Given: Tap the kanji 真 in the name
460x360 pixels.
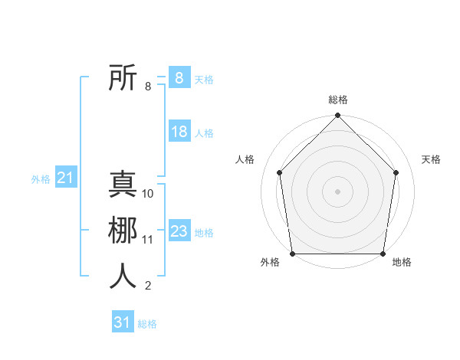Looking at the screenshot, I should [x=123, y=185].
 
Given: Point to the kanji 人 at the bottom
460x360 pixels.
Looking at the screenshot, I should [x=123, y=277].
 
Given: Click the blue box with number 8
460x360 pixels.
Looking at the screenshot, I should [x=179, y=78].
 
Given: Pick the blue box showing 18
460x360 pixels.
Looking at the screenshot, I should [x=179, y=132].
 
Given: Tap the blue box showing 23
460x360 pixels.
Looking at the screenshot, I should [x=179, y=231].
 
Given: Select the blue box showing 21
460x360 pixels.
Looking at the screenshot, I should [x=65, y=178].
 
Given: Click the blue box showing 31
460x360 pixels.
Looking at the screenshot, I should [x=122, y=322].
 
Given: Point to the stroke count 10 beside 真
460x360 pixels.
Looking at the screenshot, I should [x=148, y=194].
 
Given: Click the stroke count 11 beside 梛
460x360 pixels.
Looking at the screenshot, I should [x=148, y=240].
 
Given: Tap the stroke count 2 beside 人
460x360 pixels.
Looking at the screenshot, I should [x=148, y=286].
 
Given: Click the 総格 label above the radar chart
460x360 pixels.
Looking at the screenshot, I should [x=338, y=100].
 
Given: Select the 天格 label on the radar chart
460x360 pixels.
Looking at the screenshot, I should [x=432, y=159].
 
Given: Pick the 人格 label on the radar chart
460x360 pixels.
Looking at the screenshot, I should [x=245, y=159].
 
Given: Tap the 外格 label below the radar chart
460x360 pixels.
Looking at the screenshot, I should [x=270, y=262].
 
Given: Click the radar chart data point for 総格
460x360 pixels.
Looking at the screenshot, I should [x=337, y=116].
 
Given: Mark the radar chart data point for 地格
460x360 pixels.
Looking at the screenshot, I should [x=383, y=254].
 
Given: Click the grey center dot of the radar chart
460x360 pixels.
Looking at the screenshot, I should [x=337, y=191].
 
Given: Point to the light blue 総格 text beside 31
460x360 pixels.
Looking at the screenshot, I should [x=147, y=324].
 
